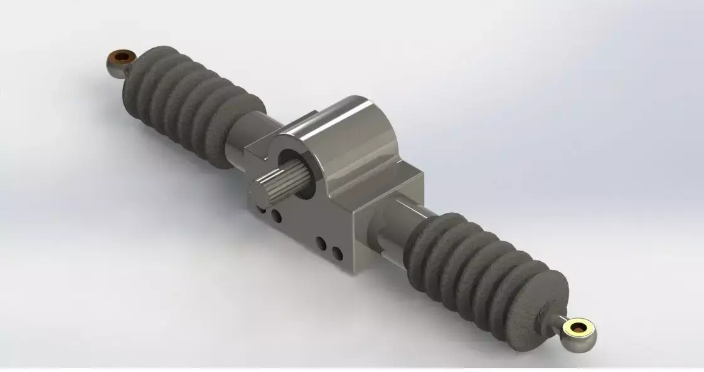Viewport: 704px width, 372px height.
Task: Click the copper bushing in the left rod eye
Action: coord(122,58)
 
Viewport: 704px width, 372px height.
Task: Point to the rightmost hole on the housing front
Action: coord(337,253)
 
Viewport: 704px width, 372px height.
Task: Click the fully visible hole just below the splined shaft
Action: coord(276,217)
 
